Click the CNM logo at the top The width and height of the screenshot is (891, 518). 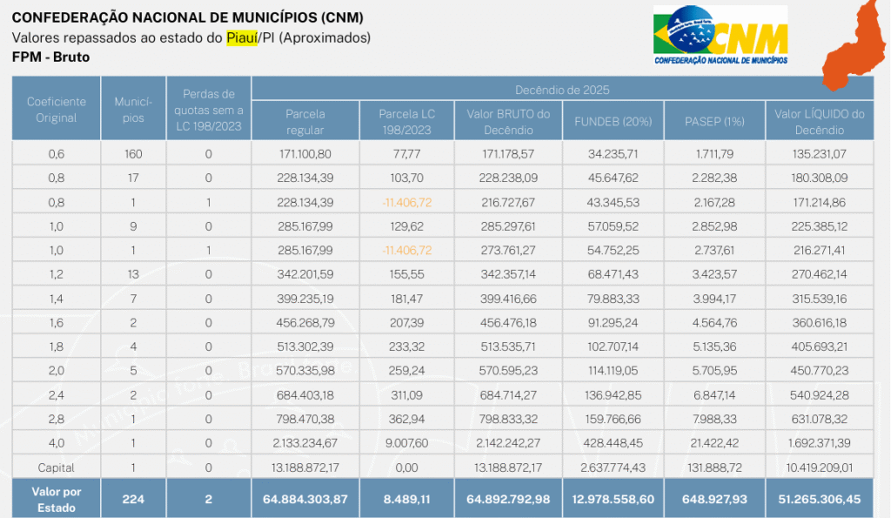720,35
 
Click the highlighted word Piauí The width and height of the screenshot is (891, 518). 242,37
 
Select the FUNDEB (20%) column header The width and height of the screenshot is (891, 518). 613,121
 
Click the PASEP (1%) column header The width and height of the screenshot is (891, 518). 714,121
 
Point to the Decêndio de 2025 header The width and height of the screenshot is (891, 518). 561,89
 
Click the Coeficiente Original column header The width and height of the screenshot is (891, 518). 57,110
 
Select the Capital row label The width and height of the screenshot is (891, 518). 57,467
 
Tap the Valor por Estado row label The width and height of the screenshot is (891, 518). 57,499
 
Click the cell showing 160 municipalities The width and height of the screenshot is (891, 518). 133,154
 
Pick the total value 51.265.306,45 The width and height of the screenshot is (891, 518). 819,499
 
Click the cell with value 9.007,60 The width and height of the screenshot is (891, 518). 407,442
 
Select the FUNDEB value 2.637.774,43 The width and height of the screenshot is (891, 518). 613,467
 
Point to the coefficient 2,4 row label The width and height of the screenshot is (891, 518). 57,395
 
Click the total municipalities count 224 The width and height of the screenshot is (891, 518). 133,499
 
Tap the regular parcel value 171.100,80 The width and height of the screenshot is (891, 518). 305,154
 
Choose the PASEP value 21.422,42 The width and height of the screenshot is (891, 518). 714,442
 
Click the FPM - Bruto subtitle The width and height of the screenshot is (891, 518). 51,57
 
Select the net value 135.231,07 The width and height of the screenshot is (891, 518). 819,154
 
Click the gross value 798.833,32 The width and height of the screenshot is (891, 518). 509,419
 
